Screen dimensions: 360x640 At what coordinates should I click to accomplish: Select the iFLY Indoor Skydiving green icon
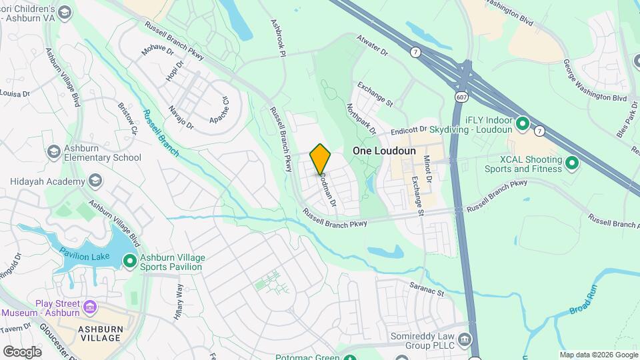click(x=523, y=123)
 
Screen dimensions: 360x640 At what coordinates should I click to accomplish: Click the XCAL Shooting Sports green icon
click(x=571, y=162)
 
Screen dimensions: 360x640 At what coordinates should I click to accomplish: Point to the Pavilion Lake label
click(x=83, y=253)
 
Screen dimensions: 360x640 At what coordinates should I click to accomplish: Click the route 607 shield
click(x=461, y=97)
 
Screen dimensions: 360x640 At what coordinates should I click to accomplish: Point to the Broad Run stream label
click(x=581, y=301)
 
